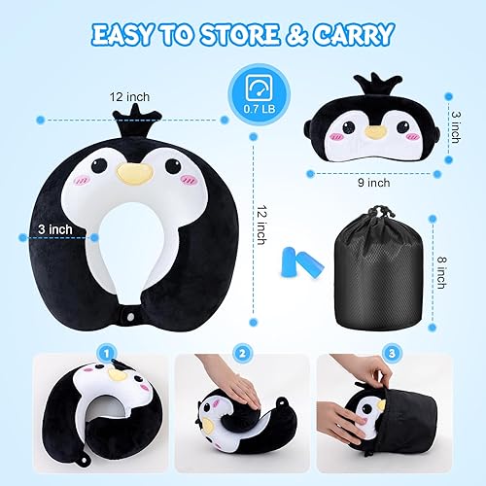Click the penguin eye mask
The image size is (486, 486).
tap(374, 132)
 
